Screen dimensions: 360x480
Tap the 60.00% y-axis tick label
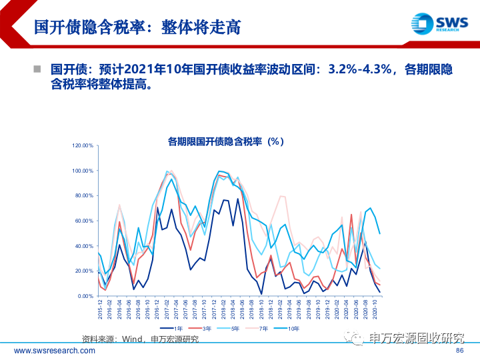[84, 221]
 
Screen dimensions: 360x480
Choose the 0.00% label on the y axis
[85, 296]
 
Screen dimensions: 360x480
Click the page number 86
[459, 351]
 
